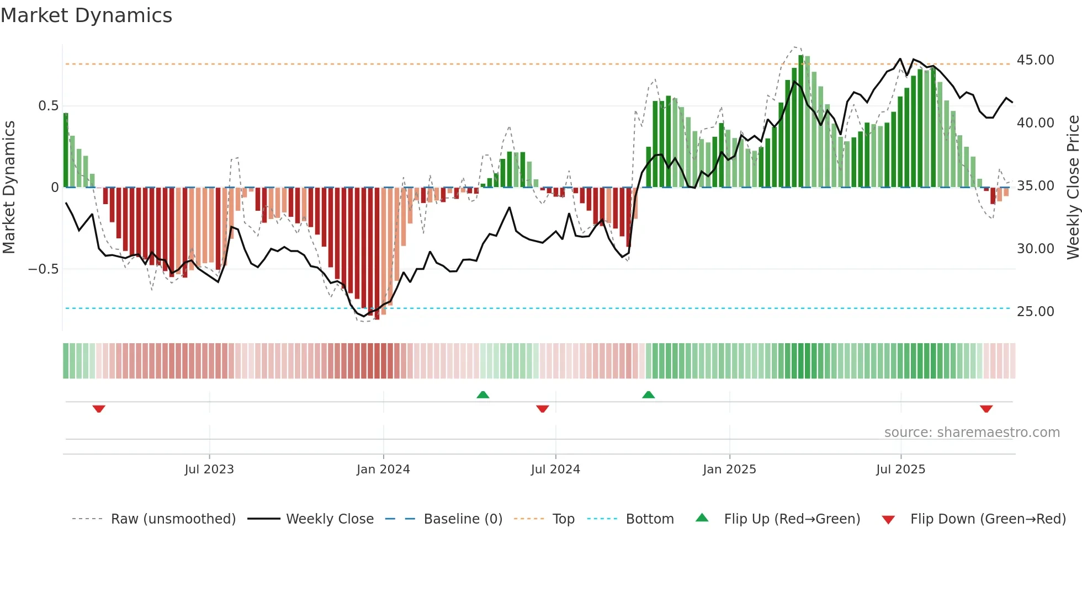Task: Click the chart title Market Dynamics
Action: click(x=86, y=15)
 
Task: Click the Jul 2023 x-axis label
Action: click(x=209, y=470)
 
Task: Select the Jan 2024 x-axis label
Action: click(x=383, y=470)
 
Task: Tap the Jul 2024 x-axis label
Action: click(x=555, y=470)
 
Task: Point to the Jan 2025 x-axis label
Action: click(x=729, y=470)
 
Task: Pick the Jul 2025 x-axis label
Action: click(x=900, y=470)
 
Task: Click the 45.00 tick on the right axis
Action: click(x=1035, y=60)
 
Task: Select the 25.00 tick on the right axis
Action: click(x=1035, y=312)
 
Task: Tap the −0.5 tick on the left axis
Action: click(x=43, y=269)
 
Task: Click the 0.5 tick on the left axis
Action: click(x=48, y=106)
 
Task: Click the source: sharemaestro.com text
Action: click(x=972, y=433)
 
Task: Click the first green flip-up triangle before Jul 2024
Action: click(x=482, y=394)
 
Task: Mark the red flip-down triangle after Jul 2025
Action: click(x=986, y=409)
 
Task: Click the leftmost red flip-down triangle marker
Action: click(x=99, y=409)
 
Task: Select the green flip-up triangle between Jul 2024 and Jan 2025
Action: click(x=648, y=394)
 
